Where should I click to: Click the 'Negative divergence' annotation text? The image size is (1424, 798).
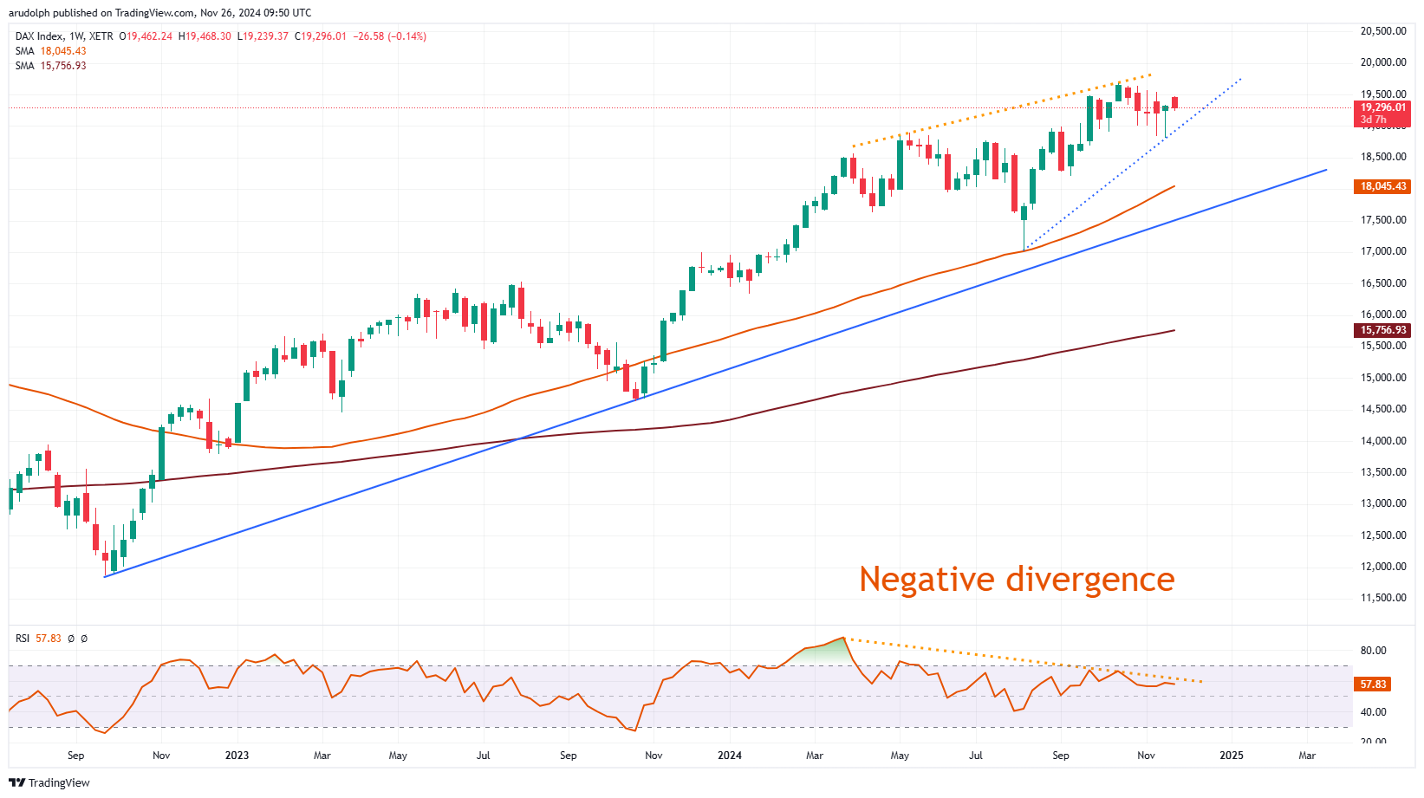(x=1016, y=580)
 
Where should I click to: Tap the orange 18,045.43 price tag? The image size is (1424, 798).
(x=1382, y=186)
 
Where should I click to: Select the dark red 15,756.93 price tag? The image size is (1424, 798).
(x=1382, y=330)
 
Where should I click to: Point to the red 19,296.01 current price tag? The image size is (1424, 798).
(x=1382, y=108)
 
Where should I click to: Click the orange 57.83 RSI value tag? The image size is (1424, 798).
(x=1373, y=684)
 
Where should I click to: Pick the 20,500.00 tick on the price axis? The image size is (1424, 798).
(x=1382, y=31)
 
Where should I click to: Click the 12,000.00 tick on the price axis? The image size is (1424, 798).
(x=1382, y=567)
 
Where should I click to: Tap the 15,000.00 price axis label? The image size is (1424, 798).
(x=1382, y=378)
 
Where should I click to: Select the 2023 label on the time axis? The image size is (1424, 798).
(x=237, y=756)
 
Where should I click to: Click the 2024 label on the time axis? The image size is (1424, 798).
(x=730, y=756)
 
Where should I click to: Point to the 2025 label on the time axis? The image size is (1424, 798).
(x=1231, y=756)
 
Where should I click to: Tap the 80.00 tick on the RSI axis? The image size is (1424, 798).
(x=1373, y=651)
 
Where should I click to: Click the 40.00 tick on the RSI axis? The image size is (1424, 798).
(x=1373, y=712)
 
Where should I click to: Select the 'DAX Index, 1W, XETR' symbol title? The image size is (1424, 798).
(x=64, y=36)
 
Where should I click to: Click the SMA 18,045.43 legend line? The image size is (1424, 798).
(x=50, y=51)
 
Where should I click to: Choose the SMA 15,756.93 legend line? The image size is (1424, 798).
(x=50, y=66)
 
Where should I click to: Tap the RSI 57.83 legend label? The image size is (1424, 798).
(x=38, y=639)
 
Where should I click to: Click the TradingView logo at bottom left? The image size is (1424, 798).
(x=49, y=782)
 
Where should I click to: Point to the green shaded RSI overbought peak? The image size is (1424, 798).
(x=823, y=652)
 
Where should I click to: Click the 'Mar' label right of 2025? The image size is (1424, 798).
(x=1306, y=756)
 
